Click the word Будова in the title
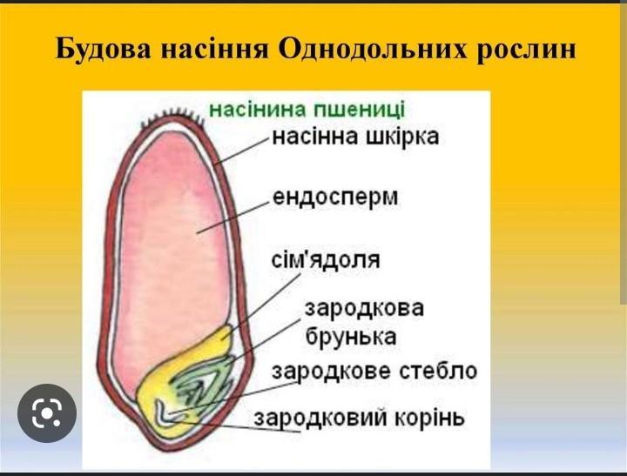[x=103, y=50]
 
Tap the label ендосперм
[x=335, y=198]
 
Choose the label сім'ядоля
[x=326, y=260]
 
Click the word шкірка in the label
[x=402, y=137]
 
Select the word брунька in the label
[x=351, y=337]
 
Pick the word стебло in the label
[x=438, y=371]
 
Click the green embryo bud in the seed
[x=202, y=384]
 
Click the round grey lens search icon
[x=47, y=412]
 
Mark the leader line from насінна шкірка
[x=242, y=151]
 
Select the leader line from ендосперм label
[x=233, y=218]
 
